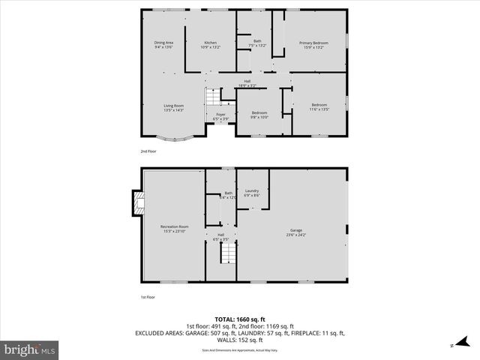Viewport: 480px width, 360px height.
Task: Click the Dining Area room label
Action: coord(163,45)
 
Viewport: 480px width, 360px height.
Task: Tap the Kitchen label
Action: coord(210,45)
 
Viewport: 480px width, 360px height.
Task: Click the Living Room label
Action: coord(173,107)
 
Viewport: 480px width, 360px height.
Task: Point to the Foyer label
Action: coord(220,116)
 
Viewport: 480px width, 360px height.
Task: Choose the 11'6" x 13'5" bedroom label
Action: coord(319,107)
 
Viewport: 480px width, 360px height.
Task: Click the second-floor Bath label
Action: coord(257,43)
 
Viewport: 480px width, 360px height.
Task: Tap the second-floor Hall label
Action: coord(247,83)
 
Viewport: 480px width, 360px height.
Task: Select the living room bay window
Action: coord(172,138)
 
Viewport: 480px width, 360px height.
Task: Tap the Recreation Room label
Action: coord(174,228)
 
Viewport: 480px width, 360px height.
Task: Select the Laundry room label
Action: coord(251,193)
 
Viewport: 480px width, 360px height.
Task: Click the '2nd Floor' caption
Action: coord(148,151)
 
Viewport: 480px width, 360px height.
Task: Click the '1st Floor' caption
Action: coord(148,298)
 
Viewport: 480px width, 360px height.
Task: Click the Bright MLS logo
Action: coord(30,349)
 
